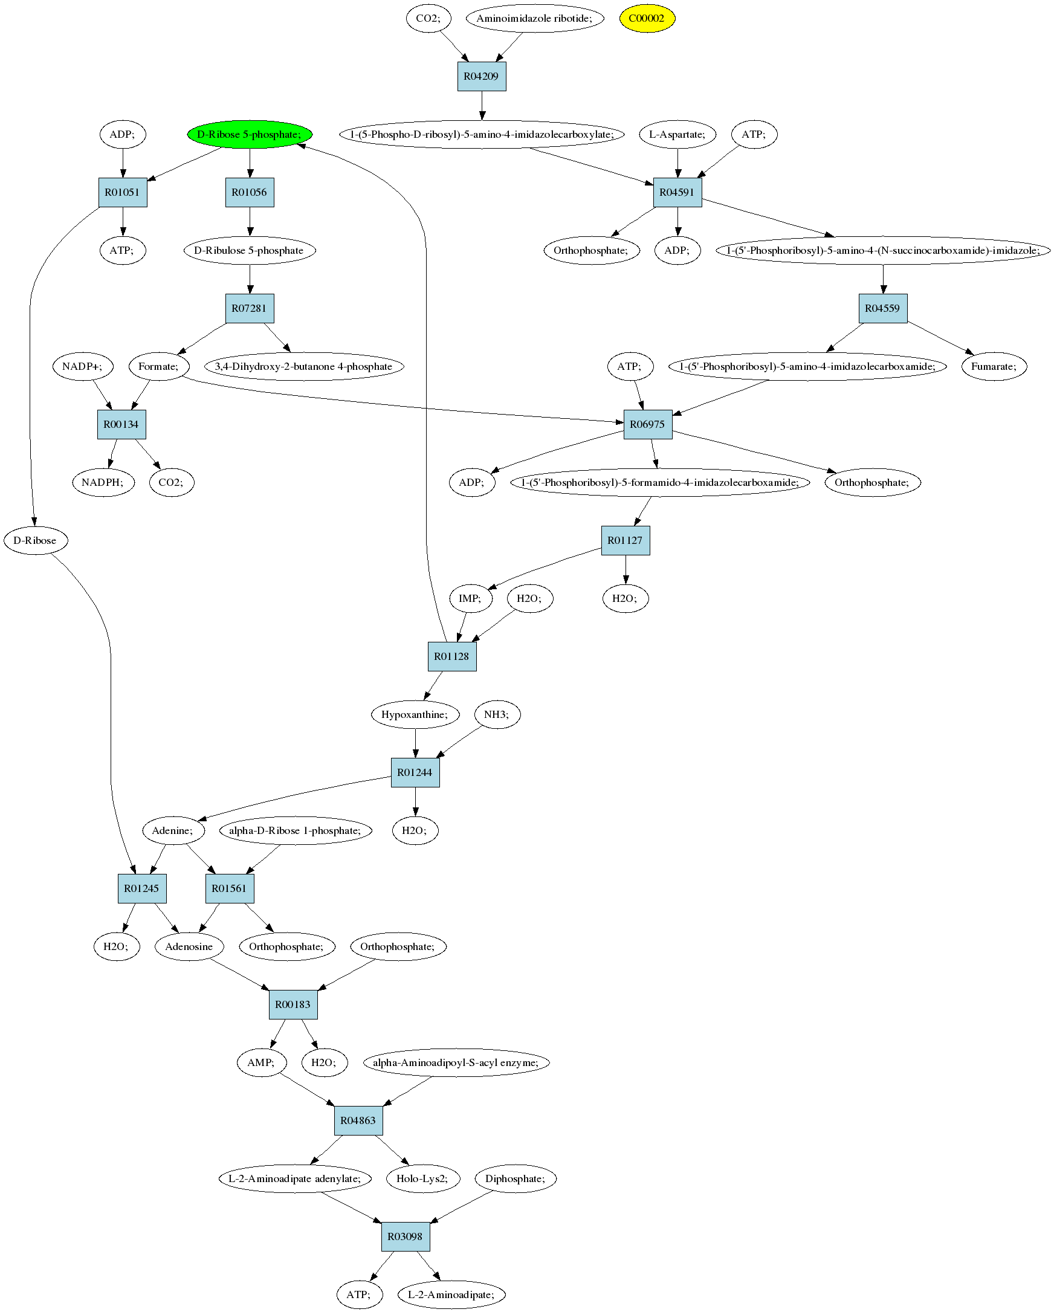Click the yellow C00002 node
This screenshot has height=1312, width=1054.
tap(647, 18)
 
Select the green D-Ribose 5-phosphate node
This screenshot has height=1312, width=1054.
tap(250, 135)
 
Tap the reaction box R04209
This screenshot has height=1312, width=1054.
tap(481, 77)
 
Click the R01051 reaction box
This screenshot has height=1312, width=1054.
tap(123, 192)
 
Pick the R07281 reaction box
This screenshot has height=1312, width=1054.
tap(250, 309)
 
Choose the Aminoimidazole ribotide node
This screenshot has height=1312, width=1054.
tap(534, 18)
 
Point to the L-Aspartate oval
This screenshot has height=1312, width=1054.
tap(677, 135)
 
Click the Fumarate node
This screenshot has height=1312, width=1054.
tap(994, 366)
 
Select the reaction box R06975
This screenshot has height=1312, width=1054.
tap(647, 424)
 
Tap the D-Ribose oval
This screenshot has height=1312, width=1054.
tap(35, 540)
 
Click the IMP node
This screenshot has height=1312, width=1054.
tap(470, 598)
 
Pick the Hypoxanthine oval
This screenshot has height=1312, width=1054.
tap(415, 714)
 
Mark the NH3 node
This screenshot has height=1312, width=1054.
tap(497, 714)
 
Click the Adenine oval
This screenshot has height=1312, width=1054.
tap(173, 830)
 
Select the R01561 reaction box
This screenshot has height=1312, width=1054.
tap(230, 888)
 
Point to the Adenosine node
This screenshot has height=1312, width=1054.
tap(189, 946)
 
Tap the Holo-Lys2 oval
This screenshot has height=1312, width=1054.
tap(423, 1178)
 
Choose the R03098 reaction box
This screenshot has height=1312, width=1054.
tap(406, 1236)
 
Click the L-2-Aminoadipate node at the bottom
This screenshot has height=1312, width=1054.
tap(451, 1294)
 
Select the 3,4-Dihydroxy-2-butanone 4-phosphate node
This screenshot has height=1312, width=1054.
tap(303, 366)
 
